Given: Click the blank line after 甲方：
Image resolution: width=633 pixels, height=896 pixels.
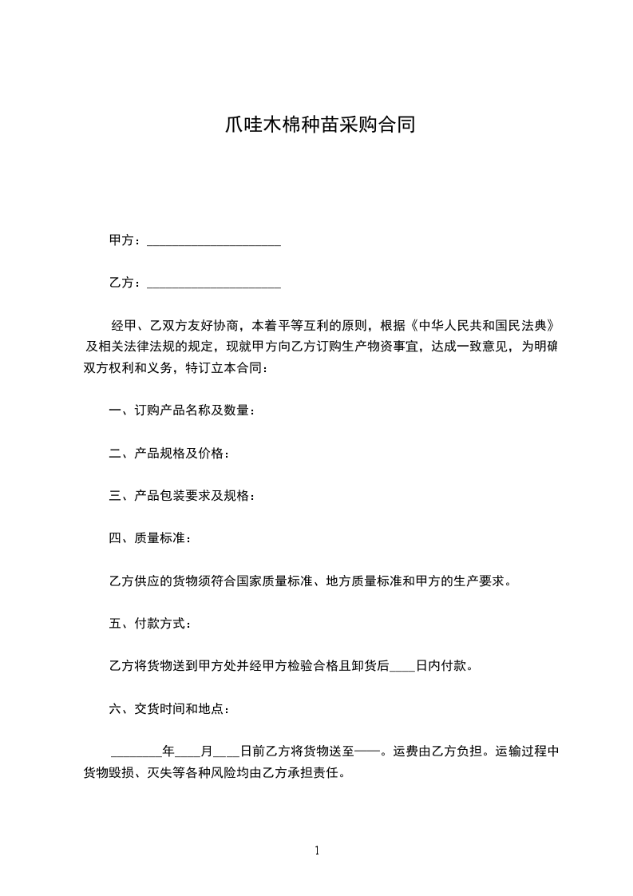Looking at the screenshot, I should (214, 240).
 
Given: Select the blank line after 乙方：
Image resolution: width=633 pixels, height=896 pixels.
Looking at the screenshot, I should (214, 283).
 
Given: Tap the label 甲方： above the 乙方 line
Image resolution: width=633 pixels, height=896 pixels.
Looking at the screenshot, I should (125, 240).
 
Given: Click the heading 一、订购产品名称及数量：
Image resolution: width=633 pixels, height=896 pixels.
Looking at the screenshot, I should (183, 410).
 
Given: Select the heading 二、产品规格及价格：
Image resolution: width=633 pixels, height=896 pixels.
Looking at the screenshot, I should (170, 454).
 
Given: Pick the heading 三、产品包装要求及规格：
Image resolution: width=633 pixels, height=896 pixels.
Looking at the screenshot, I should (183, 496).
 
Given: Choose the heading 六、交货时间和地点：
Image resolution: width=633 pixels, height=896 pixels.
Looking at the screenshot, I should (170, 708).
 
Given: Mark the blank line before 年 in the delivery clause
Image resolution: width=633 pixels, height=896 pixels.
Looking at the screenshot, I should (136, 751).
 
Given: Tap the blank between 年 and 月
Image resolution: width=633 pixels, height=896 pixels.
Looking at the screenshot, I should (188, 751).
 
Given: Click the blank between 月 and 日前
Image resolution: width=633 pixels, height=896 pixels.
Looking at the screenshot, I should (227, 751).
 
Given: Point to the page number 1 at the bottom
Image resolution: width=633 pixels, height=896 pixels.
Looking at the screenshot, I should (317, 850).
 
